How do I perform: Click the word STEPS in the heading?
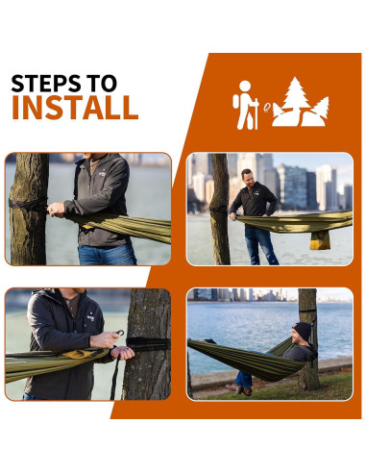(x=46, y=84)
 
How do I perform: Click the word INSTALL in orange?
(x=75, y=108)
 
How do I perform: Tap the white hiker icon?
(x=246, y=105)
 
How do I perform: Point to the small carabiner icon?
(x=267, y=108)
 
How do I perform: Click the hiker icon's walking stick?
(x=256, y=114)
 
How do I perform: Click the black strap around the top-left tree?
(x=28, y=204)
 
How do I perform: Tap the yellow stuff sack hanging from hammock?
(x=320, y=240)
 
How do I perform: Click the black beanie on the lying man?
(x=303, y=331)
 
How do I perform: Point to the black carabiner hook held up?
(x=120, y=333)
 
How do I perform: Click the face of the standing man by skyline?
(x=248, y=177)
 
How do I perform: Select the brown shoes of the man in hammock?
(x=239, y=389)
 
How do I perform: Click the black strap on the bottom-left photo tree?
(x=148, y=344)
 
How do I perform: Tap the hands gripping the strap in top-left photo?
(x=57, y=210)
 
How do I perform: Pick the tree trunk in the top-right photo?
(x=220, y=209)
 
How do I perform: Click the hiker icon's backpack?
(x=236, y=102)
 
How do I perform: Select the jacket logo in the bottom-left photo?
(x=90, y=316)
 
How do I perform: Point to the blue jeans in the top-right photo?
(x=260, y=246)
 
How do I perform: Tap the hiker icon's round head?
(x=245, y=86)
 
